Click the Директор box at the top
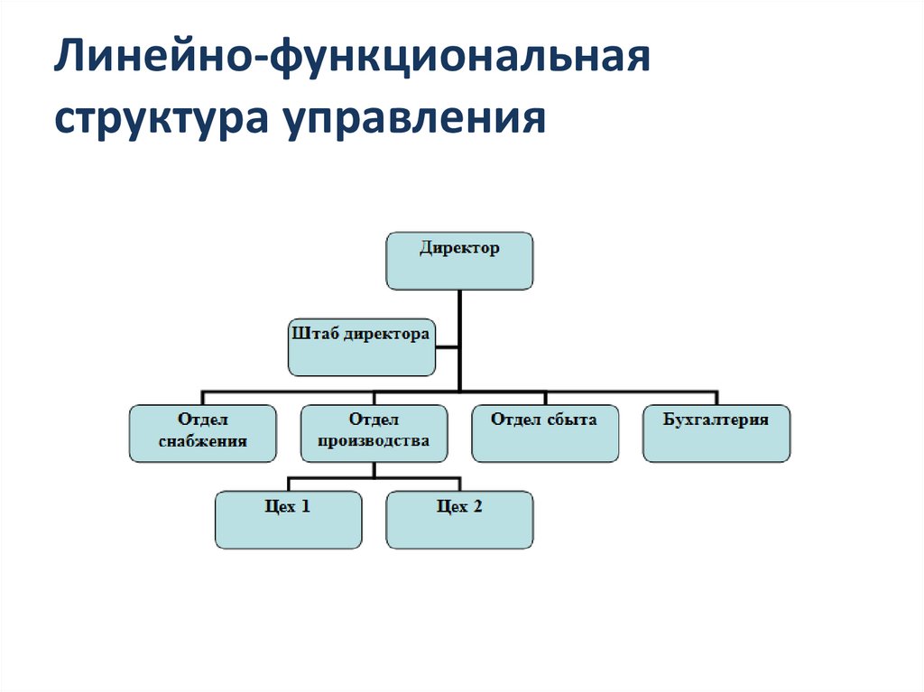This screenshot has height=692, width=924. pos(459,261)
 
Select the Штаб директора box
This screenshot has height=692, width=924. pos(362,346)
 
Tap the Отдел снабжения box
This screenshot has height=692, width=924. pos(202,433)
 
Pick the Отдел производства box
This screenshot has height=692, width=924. pos(374,433)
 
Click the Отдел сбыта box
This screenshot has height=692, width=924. pos(545,433)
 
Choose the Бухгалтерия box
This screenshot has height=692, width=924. pos(716,433)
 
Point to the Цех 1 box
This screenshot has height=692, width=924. pos(288,520)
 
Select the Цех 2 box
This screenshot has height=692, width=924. pos(459,520)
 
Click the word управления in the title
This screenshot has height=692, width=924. pos(417,119)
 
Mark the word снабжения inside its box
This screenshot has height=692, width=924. pos(202,442)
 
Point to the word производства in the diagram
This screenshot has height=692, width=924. pos(374,442)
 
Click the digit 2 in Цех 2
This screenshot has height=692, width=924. pos(477,507)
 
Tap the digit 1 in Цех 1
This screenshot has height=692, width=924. pos(306,507)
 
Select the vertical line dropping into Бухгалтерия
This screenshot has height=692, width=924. pos(716,398)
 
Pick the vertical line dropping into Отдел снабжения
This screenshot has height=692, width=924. pos(202,398)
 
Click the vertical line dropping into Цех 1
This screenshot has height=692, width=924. pos(288,484)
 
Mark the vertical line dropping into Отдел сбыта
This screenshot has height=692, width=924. pos(545,398)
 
